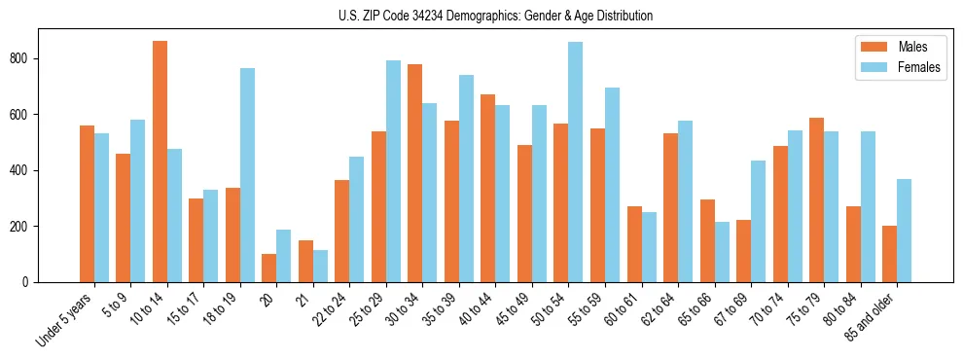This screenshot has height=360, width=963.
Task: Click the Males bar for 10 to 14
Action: click(x=160, y=162)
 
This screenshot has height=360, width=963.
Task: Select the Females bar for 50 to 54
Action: click(x=576, y=162)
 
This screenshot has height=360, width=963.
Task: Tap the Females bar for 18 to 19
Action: click(x=247, y=175)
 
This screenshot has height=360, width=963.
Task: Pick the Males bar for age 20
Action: click(x=269, y=269)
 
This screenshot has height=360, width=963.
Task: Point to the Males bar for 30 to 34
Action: click(x=415, y=173)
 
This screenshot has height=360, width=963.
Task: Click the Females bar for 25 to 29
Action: click(x=393, y=171)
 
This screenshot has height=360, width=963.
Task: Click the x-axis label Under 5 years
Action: click(x=65, y=319)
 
